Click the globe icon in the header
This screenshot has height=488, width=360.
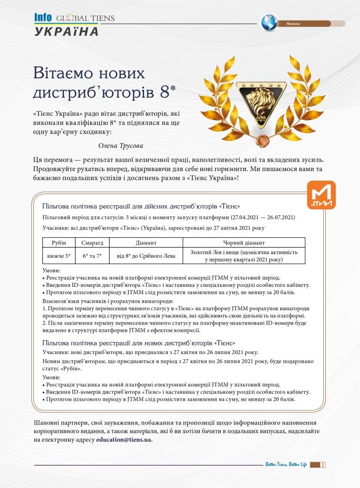(x=269, y=23)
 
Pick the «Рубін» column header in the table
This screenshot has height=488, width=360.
(x=59, y=243)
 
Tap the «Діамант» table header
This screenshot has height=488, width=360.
(x=146, y=243)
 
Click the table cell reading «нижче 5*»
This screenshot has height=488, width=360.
(x=59, y=256)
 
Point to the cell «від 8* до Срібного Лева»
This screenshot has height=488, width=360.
(x=146, y=256)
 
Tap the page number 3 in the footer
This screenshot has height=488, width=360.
(x=323, y=465)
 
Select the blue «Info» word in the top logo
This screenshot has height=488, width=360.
(x=43, y=18)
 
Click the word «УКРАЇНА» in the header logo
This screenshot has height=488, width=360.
(x=67, y=31)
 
